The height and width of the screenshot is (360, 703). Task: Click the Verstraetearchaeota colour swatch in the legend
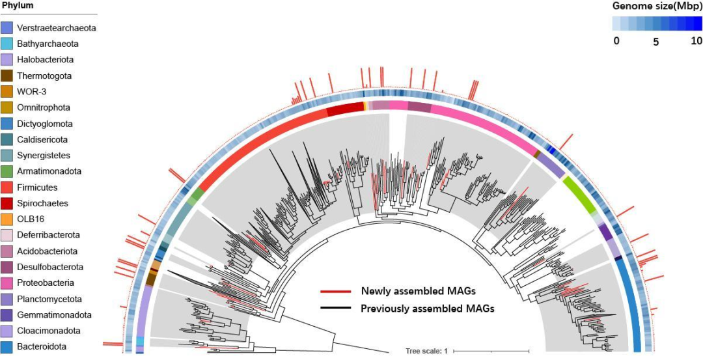(7, 28)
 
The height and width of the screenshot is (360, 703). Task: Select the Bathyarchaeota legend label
(48, 44)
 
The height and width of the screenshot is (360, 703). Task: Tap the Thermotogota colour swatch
(7, 76)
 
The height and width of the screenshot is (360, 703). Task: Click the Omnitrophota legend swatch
(7, 107)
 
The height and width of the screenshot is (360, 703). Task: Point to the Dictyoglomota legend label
(45, 124)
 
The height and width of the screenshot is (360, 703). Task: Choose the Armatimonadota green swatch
(7, 171)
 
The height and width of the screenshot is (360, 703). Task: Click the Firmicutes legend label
(37, 187)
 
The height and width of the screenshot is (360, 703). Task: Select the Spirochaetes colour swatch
(7, 203)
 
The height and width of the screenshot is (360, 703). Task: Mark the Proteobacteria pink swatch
(7, 283)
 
